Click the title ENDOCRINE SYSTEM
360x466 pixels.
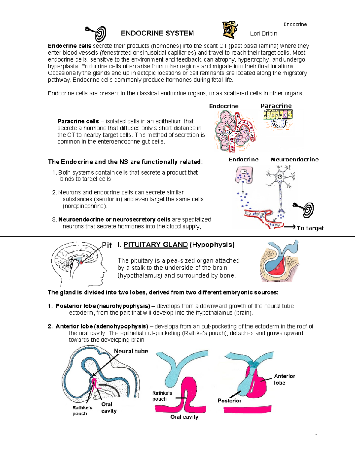pos(157,33)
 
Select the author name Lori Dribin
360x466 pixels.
pos(263,34)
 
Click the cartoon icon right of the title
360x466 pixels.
pos(230,30)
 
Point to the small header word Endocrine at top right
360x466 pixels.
pos(295,24)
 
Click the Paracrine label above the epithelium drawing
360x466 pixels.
pos(276,106)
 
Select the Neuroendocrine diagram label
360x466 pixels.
pos(295,160)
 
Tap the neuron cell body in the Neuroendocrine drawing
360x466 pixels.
pos(280,176)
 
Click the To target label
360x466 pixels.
pos(310,228)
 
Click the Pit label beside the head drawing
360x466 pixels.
pos(107,245)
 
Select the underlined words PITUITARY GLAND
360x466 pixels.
pos(155,245)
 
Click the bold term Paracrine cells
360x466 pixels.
pos(78,121)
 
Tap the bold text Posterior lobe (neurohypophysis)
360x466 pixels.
pos(103,306)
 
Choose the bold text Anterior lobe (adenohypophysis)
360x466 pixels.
pos(102,326)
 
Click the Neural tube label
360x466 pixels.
pos(131,351)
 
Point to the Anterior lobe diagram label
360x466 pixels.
pos(284,380)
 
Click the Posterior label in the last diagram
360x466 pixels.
pos(229,401)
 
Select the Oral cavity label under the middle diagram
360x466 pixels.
pos(184,417)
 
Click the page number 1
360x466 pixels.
pos(316,433)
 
